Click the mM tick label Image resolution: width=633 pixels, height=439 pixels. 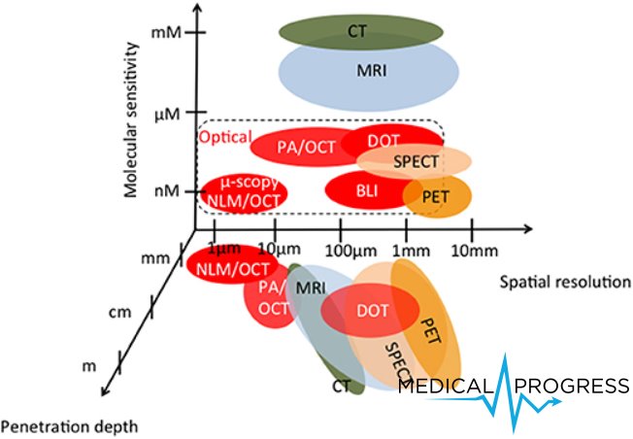tap(166, 32)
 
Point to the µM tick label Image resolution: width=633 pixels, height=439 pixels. tap(167, 115)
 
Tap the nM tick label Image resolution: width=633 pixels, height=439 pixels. tap(167, 190)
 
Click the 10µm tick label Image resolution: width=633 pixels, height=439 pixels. tap(280, 250)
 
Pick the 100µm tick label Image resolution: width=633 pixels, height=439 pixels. tap(350, 252)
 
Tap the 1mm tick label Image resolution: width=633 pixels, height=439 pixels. tap(412, 252)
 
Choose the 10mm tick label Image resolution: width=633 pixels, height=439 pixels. tap(475, 252)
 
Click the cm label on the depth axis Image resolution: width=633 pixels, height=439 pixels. tap(120, 312)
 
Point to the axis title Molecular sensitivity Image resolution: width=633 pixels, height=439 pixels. tap(131, 119)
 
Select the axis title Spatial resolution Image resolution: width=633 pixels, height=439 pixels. tap(565, 282)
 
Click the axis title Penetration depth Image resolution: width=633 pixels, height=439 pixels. tap(70, 427)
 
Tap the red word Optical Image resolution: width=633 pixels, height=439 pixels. tap(225, 137)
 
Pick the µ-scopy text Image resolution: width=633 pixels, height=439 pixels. tap(250, 183)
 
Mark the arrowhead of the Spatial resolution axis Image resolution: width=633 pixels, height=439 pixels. tap(527, 229)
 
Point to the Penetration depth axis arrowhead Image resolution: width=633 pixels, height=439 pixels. tap(106, 389)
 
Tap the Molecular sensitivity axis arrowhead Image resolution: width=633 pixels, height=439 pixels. tap(197, 8)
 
